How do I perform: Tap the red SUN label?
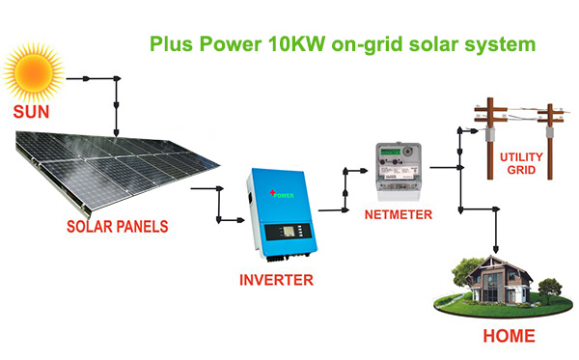coord(32,112)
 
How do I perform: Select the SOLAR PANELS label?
coord(117,227)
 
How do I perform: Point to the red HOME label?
coord(509,337)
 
